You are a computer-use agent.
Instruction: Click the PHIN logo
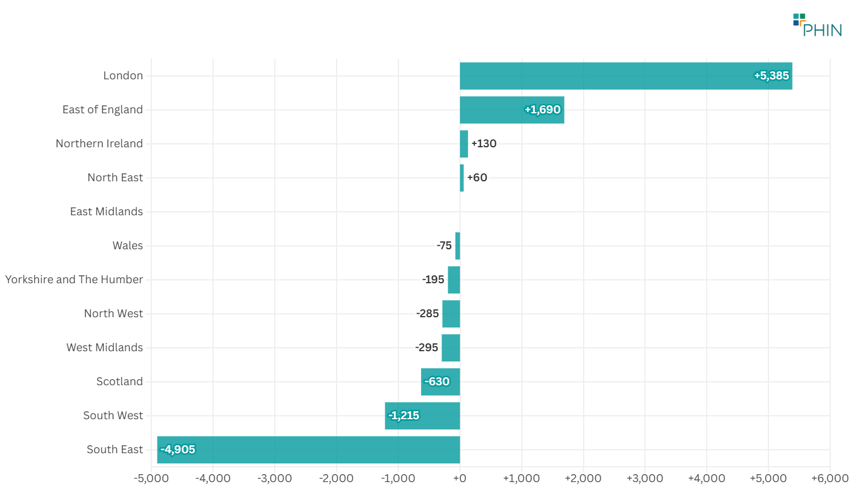tap(817, 25)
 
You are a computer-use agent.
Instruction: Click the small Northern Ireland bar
tap(464, 144)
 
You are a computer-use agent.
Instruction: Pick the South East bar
tap(308, 450)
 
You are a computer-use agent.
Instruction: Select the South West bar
tap(422, 416)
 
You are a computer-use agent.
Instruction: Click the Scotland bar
tap(440, 382)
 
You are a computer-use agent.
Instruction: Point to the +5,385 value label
tap(771, 76)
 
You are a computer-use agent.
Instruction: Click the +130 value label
tap(483, 144)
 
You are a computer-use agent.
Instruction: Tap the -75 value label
tap(444, 246)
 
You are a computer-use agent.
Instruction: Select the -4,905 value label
tap(178, 450)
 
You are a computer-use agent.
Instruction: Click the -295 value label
tap(426, 348)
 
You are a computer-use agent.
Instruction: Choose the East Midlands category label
tap(107, 212)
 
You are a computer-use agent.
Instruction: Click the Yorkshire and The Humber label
tap(74, 280)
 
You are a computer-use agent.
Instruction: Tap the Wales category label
tap(128, 246)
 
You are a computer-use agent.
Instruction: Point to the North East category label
tap(115, 178)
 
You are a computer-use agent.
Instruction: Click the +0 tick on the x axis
tap(460, 479)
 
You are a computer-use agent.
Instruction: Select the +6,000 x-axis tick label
tap(829, 479)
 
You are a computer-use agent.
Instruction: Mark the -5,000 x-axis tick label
tap(151, 479)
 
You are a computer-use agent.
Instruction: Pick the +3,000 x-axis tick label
tap(644, 479)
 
